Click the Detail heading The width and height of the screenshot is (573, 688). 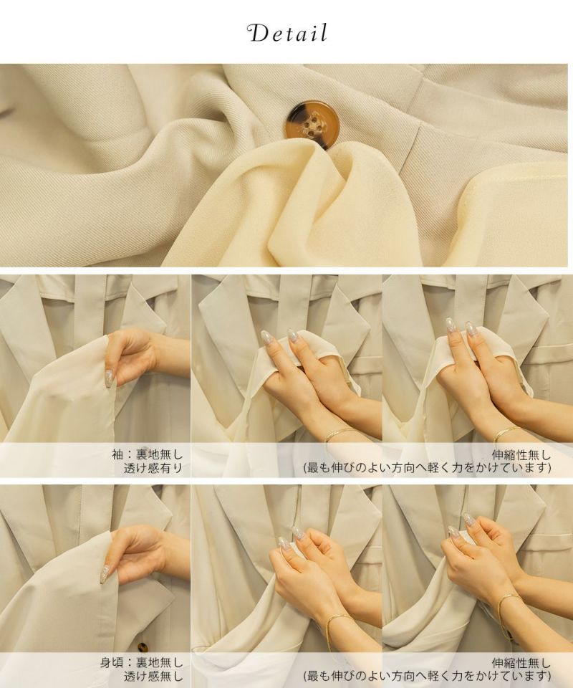pyautogui.click(x=288, y=34)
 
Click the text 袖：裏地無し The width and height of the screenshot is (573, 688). pyautogui.click(x=148, y=454)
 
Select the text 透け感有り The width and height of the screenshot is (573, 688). pyautogui.click(x=153, y=468)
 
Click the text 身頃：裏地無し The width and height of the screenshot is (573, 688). pyautogui.click(x=142, y=663)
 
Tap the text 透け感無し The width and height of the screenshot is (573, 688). pyautogui.click(x=153, y=677)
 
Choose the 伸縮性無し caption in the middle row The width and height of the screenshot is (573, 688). pyautogui.click(x=521, y=454)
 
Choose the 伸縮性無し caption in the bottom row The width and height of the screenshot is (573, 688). pyautogui.click(x=521, y=663)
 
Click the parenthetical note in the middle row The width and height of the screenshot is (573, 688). pyautogui.click(x=428, y=468)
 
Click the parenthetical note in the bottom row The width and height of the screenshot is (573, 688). pyautogui.click(x=428, y=677)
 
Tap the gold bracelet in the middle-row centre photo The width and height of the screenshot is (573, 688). pyautogui.click(x=339, y=434)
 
